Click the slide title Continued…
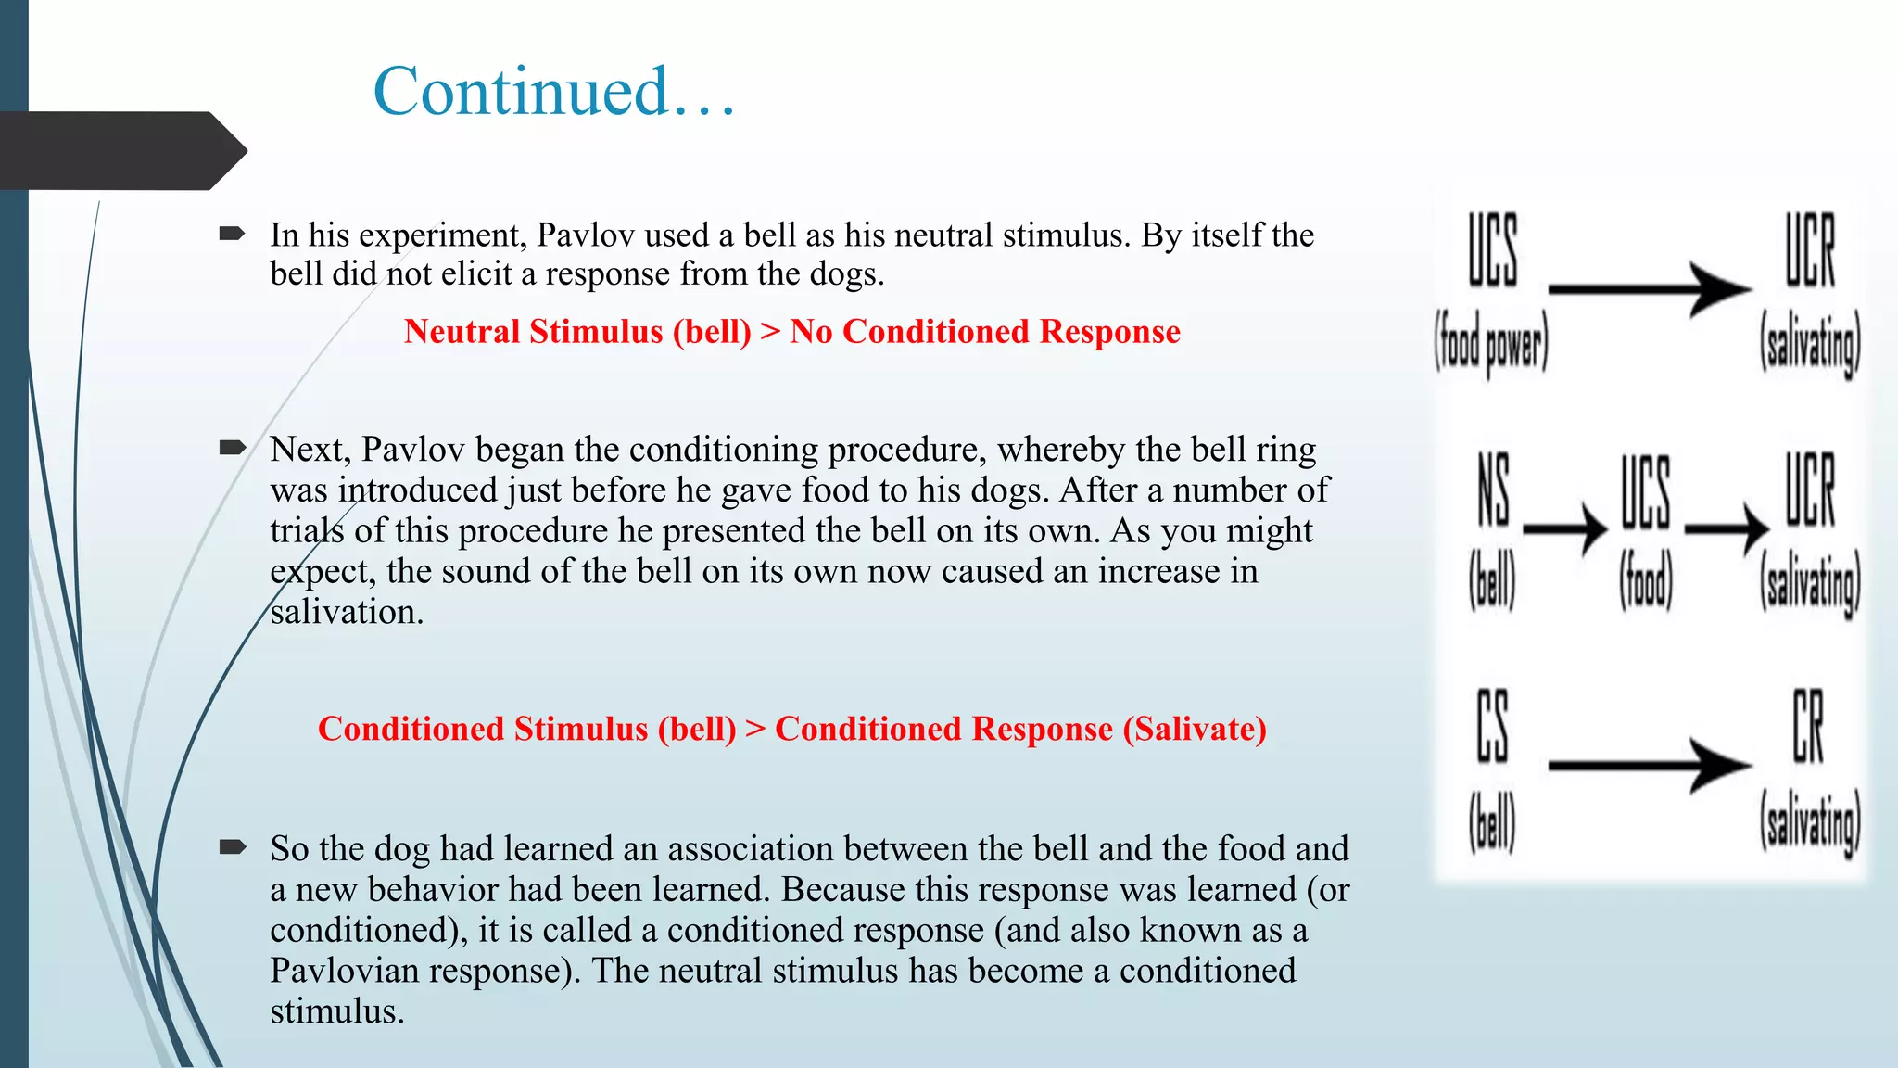coord(554,92)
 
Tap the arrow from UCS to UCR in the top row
coord(1649,289)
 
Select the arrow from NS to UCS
coord(1564,529)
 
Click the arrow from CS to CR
coord(1649,766)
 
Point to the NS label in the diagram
coord(1493,489)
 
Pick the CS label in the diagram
coord(1492,727)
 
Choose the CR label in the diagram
coord(1808,727)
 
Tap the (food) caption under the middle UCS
coord(1646,581)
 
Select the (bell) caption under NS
coord(1492,581)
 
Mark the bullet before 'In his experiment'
coord(232,234)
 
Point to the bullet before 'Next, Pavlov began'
coord(232,449)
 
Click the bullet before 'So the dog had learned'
coord(232,846)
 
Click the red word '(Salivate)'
coord(1195,730)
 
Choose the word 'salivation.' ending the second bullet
coord(347,613)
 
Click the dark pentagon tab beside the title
coord(120,150)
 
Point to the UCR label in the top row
coord(1810,250)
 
